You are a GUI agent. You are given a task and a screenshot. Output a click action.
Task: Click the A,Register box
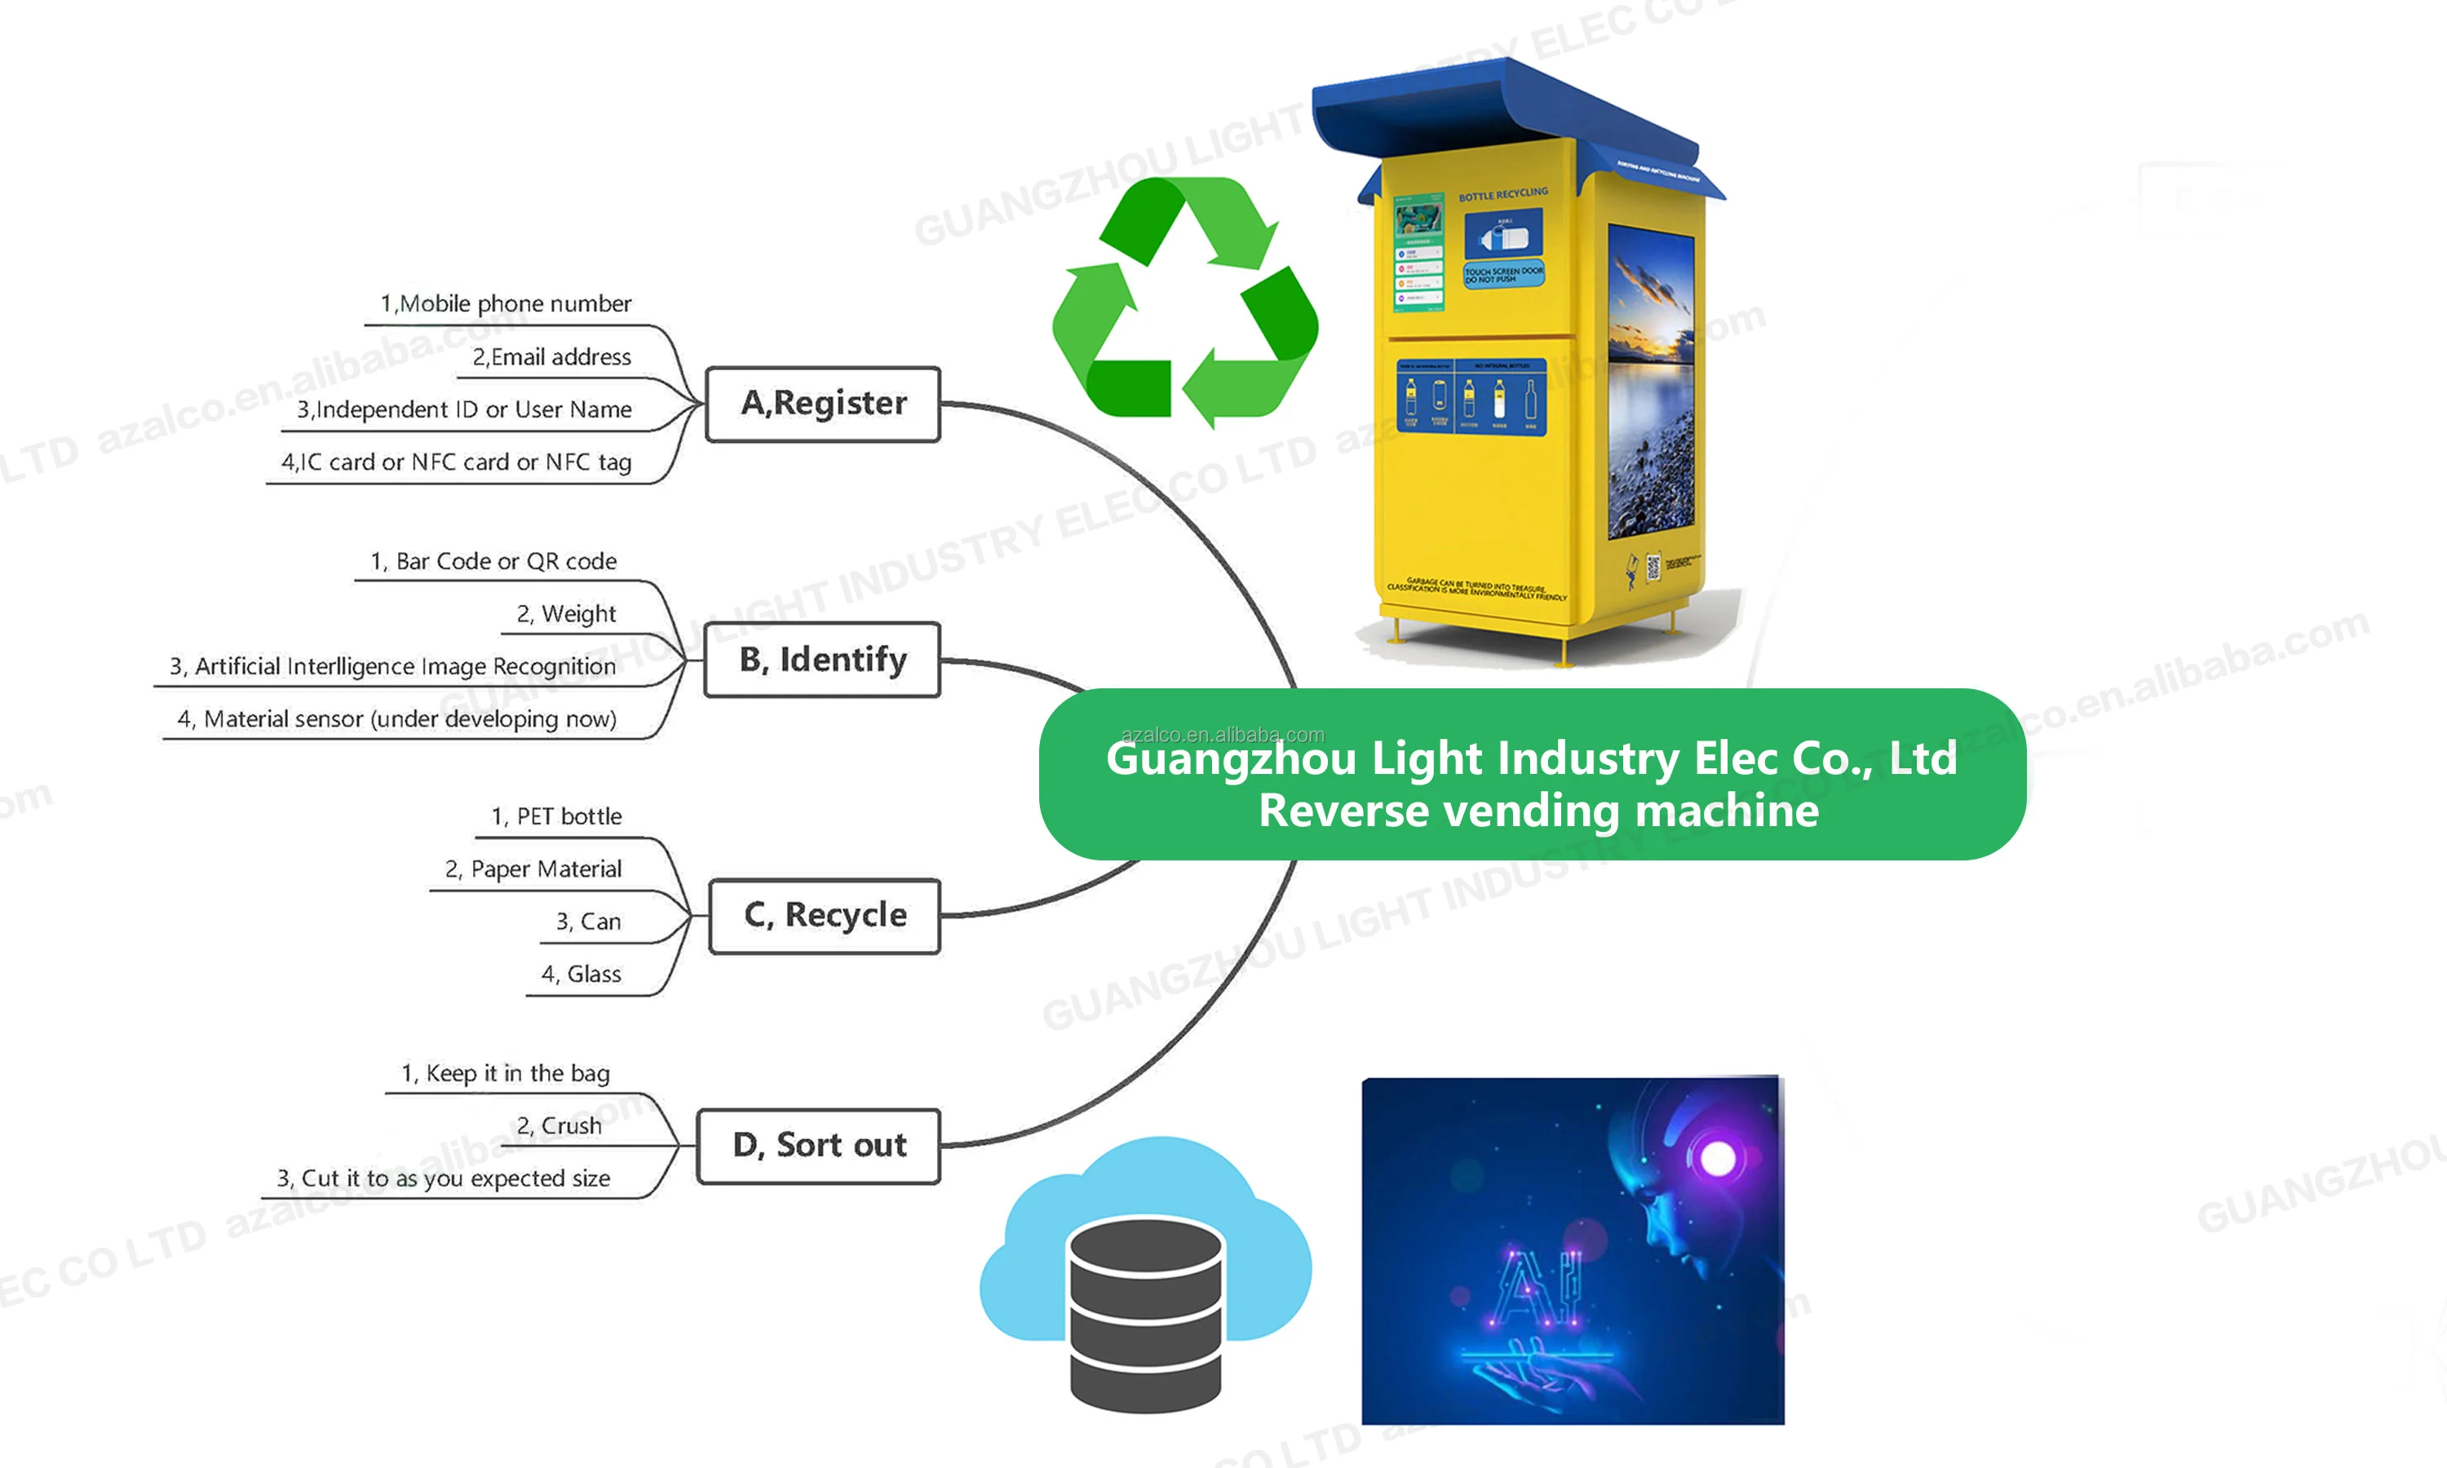click(x=822, y=404)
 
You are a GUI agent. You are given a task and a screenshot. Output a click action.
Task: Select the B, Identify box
click(x=822, y=660)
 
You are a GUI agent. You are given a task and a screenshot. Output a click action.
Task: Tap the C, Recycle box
click(x=824, y=915)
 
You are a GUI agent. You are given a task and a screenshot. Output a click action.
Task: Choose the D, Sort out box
click(x=818, y=1146)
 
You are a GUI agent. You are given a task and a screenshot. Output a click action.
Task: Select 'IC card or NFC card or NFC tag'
click(x=456, y=462)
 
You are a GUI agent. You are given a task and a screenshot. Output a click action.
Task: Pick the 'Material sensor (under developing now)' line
click(x=396, y=719)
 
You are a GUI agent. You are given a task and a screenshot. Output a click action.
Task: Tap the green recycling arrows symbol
click(x=1184, y=302)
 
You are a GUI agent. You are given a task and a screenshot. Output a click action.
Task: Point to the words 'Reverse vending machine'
click(x=1538, y=811)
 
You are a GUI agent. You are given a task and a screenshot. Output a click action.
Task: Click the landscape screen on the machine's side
click(x=1650, y=381)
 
